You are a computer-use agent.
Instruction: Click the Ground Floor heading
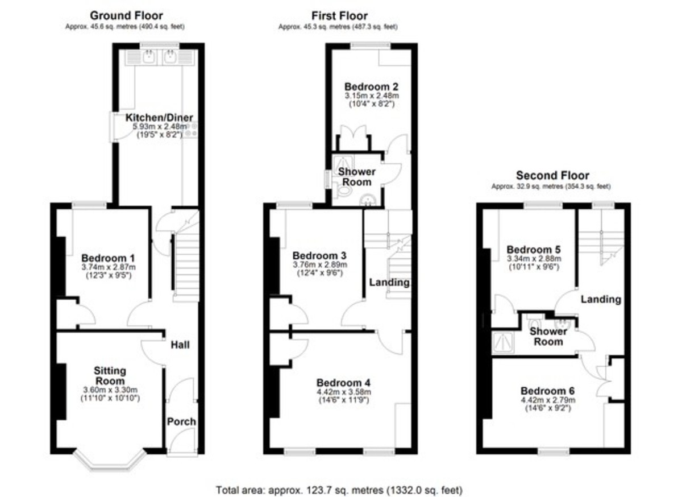point(126,16)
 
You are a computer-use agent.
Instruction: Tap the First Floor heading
point(339,16)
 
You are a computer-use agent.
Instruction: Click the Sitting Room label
point(109,375)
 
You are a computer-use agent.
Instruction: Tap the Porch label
point(181,421)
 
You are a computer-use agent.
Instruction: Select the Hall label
point(180,345)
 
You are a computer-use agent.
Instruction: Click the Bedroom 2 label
point(371,87)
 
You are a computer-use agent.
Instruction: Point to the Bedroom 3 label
point(319,256)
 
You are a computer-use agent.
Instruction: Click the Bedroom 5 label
point(533,250)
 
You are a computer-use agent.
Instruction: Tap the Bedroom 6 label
point(547,391)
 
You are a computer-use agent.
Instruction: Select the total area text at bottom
point(339,489)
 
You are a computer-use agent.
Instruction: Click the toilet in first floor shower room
point(343,191)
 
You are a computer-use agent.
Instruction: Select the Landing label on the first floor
point(389,282)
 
